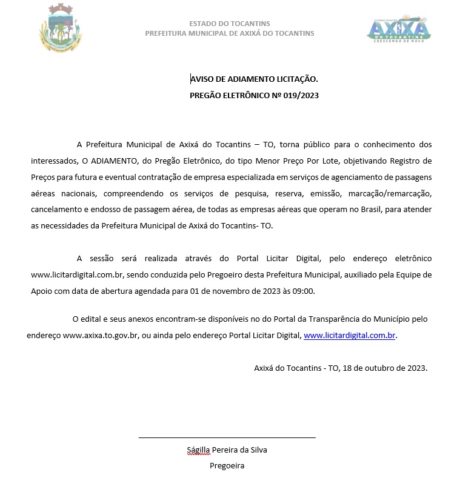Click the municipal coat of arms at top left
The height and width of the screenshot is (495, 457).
(61, 28)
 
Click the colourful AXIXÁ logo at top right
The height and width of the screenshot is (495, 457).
(399, 28)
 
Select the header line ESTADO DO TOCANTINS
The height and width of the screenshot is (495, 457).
(230, 24)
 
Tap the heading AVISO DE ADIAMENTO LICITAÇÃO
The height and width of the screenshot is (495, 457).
(254, 79)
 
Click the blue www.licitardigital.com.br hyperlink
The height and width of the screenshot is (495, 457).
(350, 334)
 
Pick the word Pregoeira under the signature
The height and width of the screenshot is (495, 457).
(227, 466)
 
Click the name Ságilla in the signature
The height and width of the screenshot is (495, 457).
(198, 450)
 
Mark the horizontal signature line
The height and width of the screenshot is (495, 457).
(227, 437)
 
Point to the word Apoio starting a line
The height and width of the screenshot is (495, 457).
(42, 290)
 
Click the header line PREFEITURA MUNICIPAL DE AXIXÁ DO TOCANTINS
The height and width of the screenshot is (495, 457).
(230, 33)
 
